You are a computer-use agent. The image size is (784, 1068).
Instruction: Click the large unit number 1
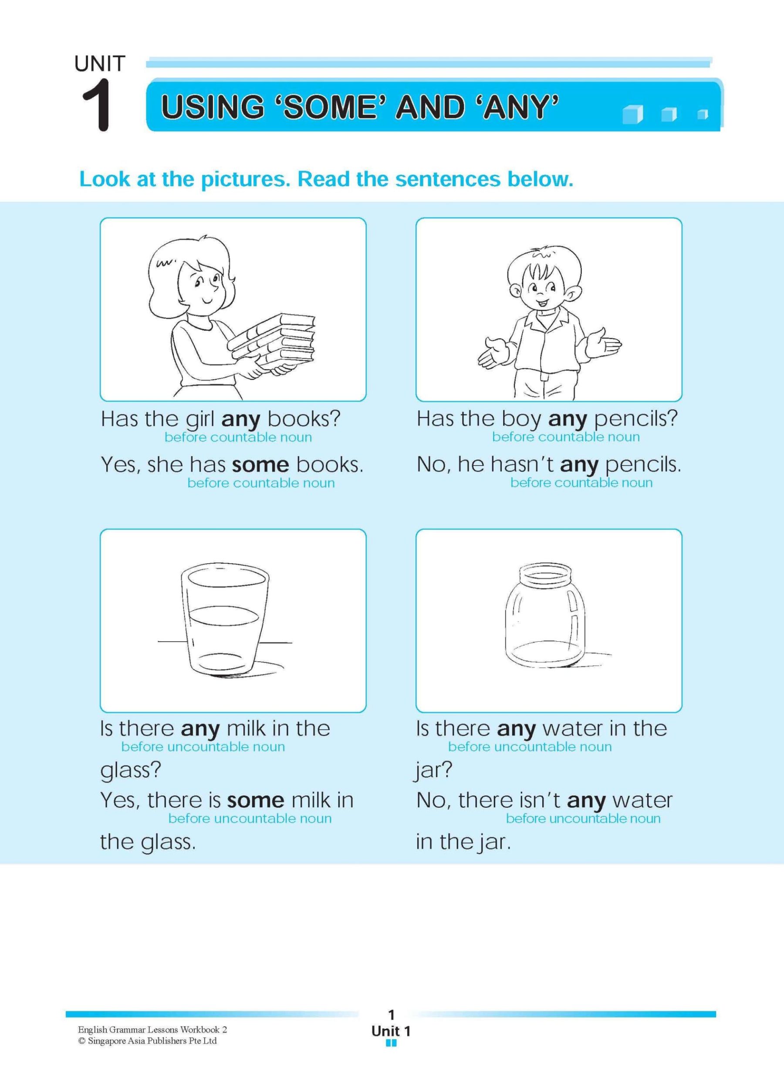(97, 106)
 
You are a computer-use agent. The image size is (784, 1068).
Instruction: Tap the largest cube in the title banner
(632, 115)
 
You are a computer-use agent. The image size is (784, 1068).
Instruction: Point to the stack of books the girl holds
(275, 340)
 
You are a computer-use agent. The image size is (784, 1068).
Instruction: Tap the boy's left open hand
(492, 351)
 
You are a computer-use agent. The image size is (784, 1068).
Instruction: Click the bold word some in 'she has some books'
(260, 464)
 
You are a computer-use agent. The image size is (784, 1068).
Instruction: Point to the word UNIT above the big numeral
(100, 64)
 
